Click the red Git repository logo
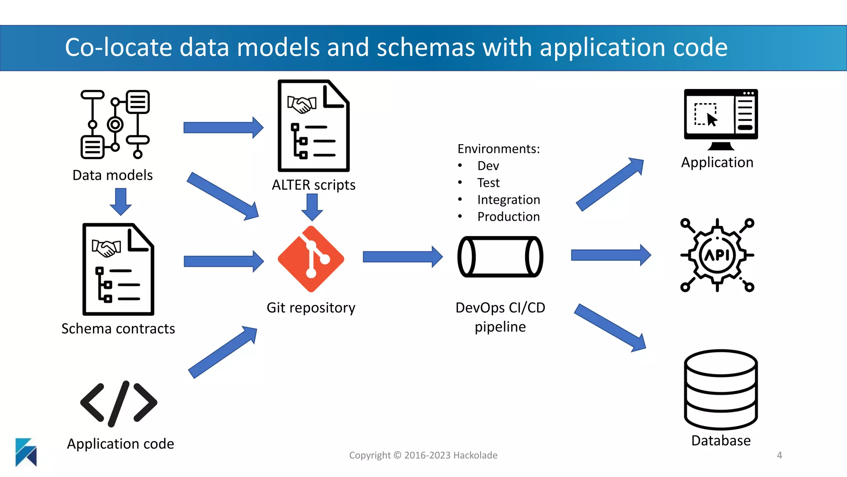311,259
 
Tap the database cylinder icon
720,389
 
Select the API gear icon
717,255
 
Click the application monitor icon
720,118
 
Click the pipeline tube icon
500,257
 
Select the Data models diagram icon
115,124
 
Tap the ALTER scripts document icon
313,126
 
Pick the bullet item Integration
508,200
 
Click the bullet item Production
508,217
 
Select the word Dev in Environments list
488,166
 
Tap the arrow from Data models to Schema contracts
121,201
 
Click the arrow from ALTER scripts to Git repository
312,207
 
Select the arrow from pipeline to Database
610,328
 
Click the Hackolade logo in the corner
26,452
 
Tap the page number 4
779,455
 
